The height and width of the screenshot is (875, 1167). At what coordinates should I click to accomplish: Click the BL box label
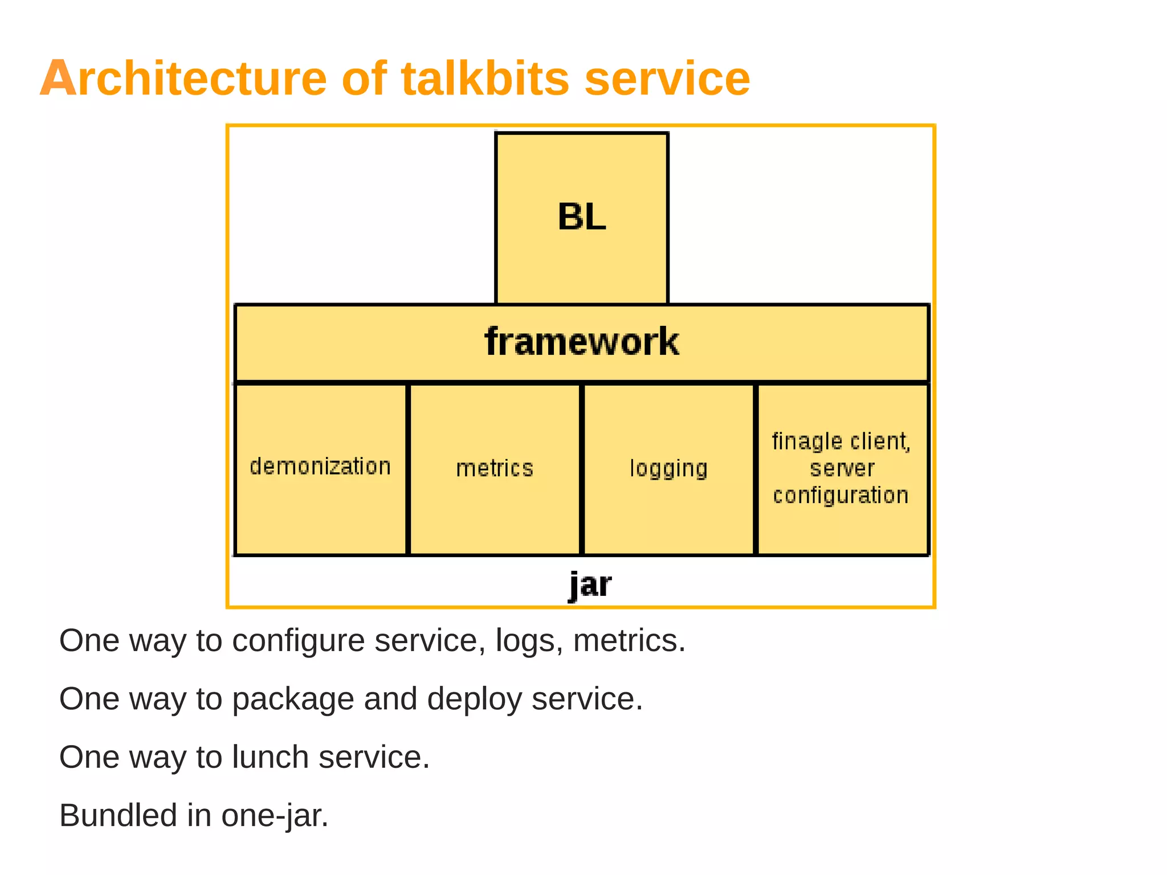(581, 217)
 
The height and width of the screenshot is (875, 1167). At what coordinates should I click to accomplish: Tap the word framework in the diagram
(581, 342)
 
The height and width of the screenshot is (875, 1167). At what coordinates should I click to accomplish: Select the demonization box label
(320, 467)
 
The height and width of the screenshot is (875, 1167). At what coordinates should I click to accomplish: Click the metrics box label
(495, 468)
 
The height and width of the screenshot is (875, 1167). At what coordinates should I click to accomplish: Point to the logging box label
(668, 469)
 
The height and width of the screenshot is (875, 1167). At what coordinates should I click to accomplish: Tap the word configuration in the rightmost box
(840, 496)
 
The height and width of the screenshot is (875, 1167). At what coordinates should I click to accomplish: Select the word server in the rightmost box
(842, 468)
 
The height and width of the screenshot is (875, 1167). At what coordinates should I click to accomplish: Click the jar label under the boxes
(590, 584)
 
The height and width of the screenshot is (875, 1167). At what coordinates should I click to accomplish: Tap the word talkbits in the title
(485, 78)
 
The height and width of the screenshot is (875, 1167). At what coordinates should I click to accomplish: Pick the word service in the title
(667, 78)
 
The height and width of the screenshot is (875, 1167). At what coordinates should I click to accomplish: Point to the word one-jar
(275, 815)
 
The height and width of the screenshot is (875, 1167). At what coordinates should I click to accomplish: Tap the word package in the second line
(293, 699)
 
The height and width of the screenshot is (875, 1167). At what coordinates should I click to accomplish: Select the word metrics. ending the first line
(629, 641)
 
